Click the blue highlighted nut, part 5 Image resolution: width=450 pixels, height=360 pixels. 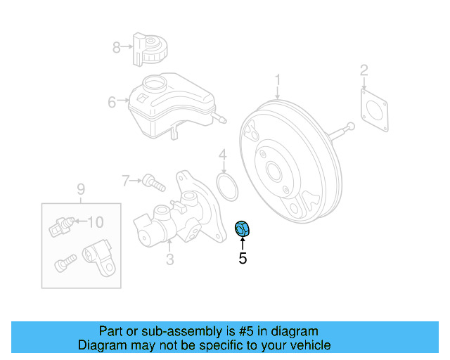[242, 229]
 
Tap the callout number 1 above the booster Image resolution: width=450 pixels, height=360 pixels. [278, 79]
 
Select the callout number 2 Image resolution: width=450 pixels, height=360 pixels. [364, 70]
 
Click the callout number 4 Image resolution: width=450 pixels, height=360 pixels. [222, 155]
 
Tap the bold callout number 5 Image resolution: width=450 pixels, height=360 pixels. [243, 259]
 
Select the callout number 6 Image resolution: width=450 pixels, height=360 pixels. [112, 103]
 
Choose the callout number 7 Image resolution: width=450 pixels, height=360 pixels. [126, 181]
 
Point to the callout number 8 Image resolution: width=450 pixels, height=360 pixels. [117, 47]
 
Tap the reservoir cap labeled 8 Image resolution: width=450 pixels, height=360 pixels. [149, 48]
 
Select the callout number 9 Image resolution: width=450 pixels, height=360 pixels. [80, 188]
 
